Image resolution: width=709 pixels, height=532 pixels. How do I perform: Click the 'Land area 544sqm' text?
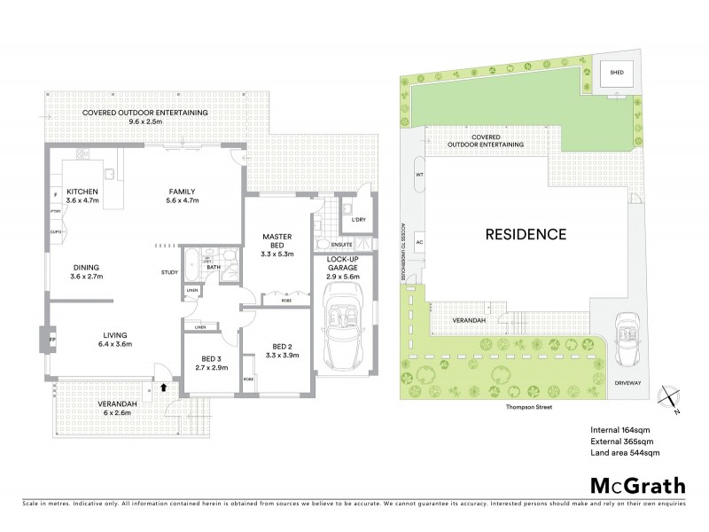click(x=626, y=452)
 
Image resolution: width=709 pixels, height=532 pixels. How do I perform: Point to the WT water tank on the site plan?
click(x=420, y=175)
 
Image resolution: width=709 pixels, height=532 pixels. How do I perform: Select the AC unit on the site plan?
click(x=420, y=241)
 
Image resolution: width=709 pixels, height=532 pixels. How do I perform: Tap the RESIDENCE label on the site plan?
click(x=525, y=235)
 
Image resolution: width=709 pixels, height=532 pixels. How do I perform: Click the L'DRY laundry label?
click(x=360, y=219)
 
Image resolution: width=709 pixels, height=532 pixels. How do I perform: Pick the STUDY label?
click(x=170, y=272)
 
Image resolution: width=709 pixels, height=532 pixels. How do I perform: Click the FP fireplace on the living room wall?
click(x=52, y=340)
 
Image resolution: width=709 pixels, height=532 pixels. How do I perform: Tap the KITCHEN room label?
click(x=82, y=196)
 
